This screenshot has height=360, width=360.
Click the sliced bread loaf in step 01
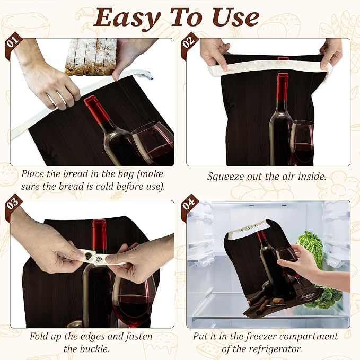click(x=91, y=57)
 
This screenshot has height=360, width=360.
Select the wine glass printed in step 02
click(x=302, y=143)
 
